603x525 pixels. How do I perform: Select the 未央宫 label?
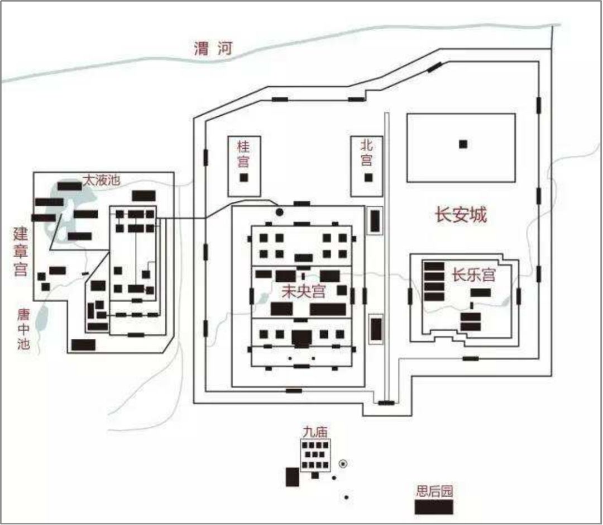point(304,291)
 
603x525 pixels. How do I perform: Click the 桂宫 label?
point(243,154)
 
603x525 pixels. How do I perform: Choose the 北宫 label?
point(367,153)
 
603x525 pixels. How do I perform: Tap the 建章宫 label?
point(21,252)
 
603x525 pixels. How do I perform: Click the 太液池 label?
point(101,180)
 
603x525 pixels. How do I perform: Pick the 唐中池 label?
point(22,330)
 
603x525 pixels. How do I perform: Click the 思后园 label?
point(434,491)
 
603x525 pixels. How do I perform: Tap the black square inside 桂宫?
point(243,178)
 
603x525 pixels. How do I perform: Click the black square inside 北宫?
point(368,178)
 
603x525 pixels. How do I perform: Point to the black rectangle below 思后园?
point(433,507)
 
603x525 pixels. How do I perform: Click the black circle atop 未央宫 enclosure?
point(279,212)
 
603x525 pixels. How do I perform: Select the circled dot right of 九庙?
point(343,463)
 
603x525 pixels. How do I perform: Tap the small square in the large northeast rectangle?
point(463,144)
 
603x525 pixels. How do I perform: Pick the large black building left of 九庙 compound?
point(292,477)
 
